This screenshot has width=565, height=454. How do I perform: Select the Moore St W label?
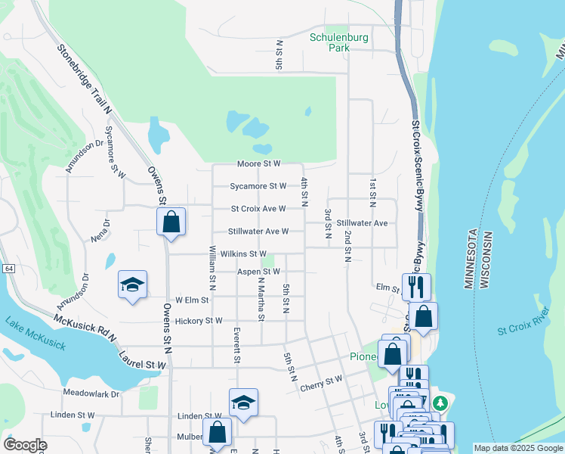coord(258,163)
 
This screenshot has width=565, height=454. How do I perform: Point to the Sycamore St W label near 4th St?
coord(258,185)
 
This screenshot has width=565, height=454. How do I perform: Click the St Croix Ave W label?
coord(258,209)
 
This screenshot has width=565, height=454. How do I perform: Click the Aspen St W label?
coord(259,271)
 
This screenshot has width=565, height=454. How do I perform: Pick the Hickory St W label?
coord(199,321)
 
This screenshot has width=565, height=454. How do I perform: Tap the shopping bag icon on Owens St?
coord(171,222)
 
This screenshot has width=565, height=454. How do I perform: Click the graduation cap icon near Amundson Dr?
coord(133,285)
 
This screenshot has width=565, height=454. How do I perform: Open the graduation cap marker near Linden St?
coord(243,403)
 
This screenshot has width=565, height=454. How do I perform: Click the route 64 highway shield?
coord(8,269)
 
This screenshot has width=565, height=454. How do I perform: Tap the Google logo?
coord(25,445)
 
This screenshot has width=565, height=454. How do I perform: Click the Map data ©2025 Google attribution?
coord(517,448)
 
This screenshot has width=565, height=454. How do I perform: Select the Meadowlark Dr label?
coord(91,393)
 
